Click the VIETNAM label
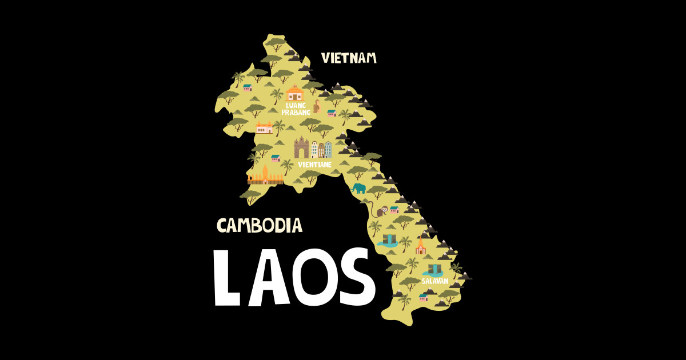tap(349, 58)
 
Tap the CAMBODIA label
tap(259, 226)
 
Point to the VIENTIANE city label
tap(314, 164)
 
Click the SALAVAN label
tap(434, 281)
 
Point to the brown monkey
tap(379, 211)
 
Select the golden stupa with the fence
tap(265, 175)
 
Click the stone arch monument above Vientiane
tap(301, 148)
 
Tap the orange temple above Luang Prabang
tap(294, 93)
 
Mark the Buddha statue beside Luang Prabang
tap(316, 106)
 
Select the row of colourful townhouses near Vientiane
tap(321, 150)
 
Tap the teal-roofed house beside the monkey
tap(394, 210)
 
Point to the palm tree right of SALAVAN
tap(456, 269)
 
